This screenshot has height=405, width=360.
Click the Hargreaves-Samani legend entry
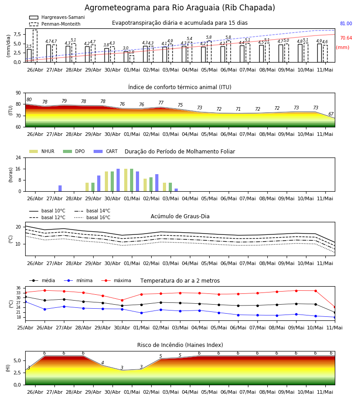pos(57,17)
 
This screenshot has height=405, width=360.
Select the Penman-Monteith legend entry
pos(55,24)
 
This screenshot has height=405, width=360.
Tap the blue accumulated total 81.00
pos(346,23)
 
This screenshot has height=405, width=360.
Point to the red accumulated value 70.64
pos(346,38)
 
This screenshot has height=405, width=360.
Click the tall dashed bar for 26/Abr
pos(35,46)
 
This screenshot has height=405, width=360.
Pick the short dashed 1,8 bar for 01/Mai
pos(132,59)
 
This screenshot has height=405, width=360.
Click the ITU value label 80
pos(29,100)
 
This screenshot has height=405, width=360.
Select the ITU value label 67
pos(331,114)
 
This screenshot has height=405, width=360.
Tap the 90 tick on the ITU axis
pos(18,93)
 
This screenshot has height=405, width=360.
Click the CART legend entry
pos(106,151)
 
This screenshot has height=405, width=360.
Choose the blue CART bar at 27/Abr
pos(60,188)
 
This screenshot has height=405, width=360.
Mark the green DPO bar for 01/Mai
pos(132,180)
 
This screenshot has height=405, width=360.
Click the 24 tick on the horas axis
pos(18,157)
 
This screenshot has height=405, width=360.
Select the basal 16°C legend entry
pos(92,217)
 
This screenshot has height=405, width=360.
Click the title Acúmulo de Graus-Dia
pos(180,216)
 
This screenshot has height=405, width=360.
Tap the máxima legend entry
pos(116,280)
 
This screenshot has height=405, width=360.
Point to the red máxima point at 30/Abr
pos(122,300)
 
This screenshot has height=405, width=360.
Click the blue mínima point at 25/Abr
pos(26,301)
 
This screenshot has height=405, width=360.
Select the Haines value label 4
pos(103,363)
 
